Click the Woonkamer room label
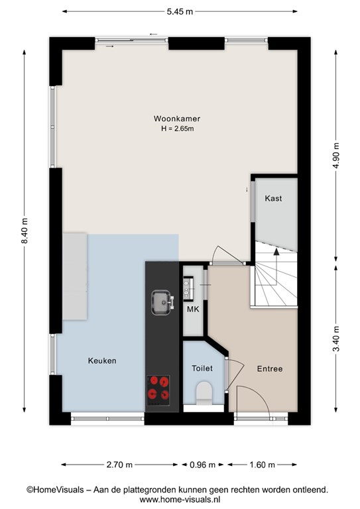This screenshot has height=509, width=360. [x=177, y=119]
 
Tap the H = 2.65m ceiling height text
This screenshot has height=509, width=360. [x=178, y=129]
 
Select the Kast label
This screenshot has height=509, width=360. [x=273, y=198]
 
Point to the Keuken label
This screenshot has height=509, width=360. [x=102, y=361]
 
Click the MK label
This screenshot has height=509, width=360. [x=193, y=310]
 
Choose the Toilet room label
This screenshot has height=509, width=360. [x=202, y=368]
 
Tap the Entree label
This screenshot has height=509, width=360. [x=270, y=368]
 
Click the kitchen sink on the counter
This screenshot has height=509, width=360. [x=162, y=302]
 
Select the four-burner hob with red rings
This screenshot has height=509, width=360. [x=158, y=390]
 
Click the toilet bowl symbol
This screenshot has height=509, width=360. [x=204, y=393]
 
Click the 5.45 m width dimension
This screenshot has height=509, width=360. [x=180, y=12]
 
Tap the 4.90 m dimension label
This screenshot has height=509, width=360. [x=336, y=155]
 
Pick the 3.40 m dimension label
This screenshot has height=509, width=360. [x=336, y=339]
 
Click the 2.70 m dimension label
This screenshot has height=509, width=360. [x=119, y=465]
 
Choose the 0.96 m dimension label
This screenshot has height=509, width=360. [x=203, y=465]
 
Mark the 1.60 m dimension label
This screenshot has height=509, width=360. [x=263, y=465]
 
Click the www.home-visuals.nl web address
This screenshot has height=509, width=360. [x=180, y=499]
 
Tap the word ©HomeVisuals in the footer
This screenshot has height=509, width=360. [x=55, y=490]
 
